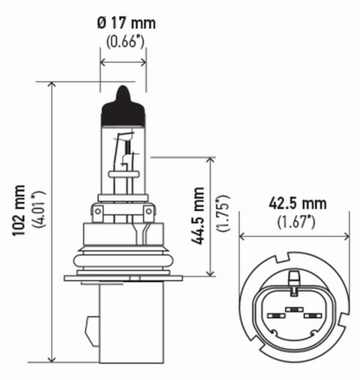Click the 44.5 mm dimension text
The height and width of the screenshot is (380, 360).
click(x=198, y=216)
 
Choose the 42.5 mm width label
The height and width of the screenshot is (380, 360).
click(x=298, y=203)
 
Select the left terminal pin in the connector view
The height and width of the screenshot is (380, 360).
click(x=275, y=315)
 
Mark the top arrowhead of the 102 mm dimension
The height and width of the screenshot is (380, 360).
click(x=52, y=85)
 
